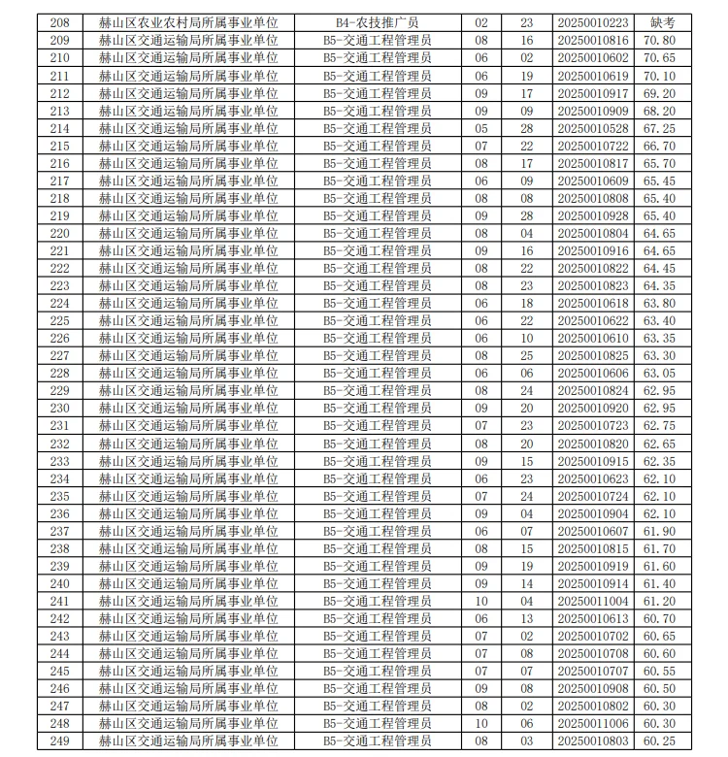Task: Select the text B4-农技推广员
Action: [378, 22]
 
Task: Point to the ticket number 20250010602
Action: [593, 57]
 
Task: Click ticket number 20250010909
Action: [593, 111]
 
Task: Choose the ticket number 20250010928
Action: [593, 215]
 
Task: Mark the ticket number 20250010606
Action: [593, 373]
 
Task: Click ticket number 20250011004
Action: [593, 601]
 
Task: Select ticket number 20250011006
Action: [593, 723]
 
